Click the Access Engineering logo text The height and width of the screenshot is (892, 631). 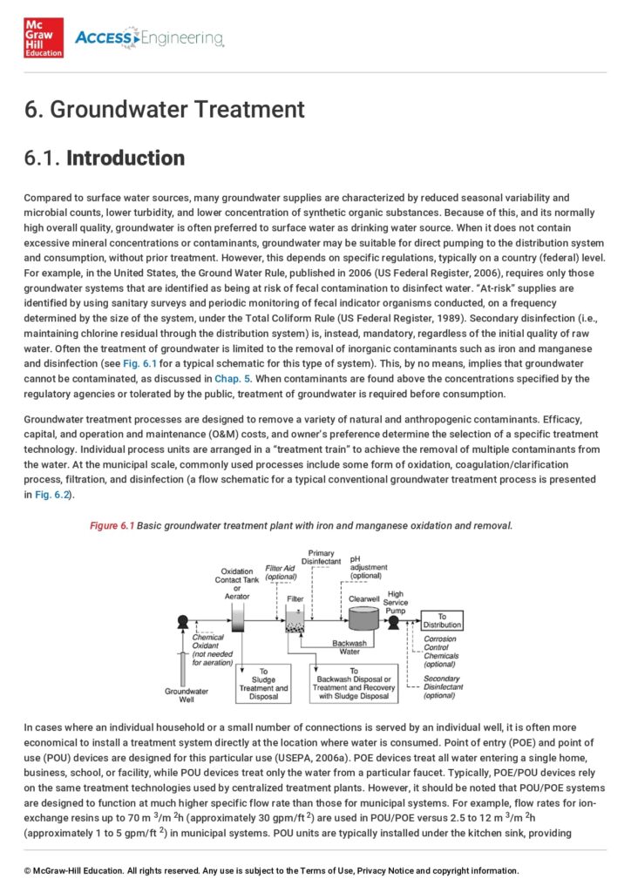[149, 38]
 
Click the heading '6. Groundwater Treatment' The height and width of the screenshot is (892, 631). [165, 110]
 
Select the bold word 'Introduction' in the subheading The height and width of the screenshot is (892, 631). [126, 159]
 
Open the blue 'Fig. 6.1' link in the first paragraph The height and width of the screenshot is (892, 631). [188, 362]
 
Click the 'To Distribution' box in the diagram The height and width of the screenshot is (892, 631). [442, 620]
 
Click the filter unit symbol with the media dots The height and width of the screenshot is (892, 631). [295, 620]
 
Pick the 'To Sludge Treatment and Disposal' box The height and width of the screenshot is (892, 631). [264, 683]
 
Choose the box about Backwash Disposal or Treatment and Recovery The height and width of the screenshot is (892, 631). [354, 683]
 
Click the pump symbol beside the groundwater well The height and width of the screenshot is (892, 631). [183, 622]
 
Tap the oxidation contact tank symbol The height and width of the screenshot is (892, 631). [238, 619]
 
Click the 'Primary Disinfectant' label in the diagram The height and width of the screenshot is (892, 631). [322, 557]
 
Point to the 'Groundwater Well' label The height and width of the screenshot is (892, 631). [186, 695]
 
